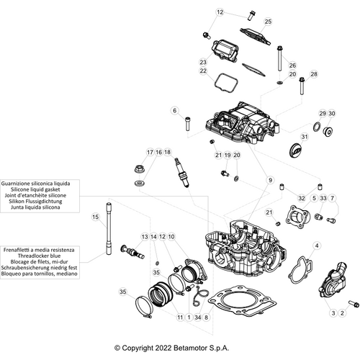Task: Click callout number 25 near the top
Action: pos(269,22)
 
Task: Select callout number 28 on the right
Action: pos(313,74)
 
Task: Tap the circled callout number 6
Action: pos(174,110)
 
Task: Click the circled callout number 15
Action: pos(94,217)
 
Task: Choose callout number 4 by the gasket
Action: pos(315,247)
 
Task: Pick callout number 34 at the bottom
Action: pos(197,317)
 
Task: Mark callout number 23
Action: pos(203,63)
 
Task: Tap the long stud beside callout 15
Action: pos(109,228)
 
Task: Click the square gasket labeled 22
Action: pos(225,81)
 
